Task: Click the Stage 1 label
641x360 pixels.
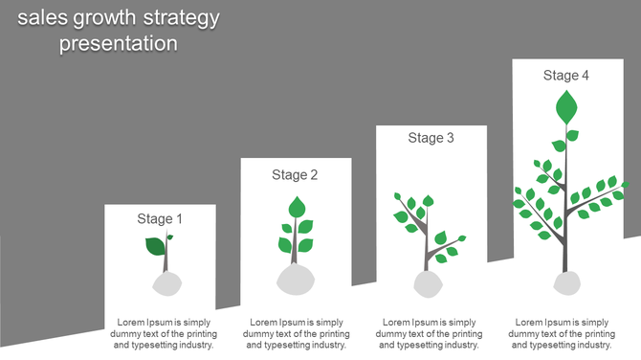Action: coord(160,219)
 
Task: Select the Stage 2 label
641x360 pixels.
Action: coord(295,175)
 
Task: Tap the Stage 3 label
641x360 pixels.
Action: coord(431,138)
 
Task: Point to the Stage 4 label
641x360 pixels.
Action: coord(566,76)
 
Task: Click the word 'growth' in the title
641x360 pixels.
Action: coord(110,18)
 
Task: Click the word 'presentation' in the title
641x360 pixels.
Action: coord(119,43)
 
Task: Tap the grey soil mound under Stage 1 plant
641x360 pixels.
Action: coord(166,283)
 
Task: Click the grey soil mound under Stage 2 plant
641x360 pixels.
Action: coord(296,279)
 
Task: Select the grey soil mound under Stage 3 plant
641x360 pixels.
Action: coord(427,283)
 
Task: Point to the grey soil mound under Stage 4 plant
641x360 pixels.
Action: coord(566,282)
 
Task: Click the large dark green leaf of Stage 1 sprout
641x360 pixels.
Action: coord(155,246)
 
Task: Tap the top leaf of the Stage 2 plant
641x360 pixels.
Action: coord(297,206)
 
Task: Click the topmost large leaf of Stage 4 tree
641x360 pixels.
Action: coord(567,106)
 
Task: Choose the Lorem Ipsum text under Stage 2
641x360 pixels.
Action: coord(297,333)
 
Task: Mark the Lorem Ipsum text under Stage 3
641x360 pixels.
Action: coord(430,333)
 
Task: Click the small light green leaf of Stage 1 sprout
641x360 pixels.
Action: coord(170,236)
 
